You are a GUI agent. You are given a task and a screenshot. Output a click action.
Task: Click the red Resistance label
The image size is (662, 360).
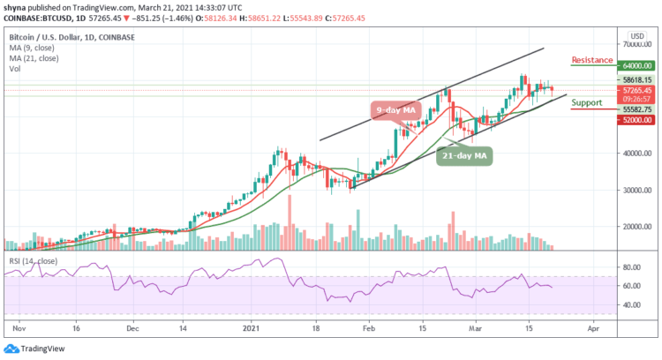[592, 60]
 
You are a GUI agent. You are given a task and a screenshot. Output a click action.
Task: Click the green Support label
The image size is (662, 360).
[588, 102]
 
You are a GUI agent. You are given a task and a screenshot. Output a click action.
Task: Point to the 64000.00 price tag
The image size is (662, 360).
[636, 64]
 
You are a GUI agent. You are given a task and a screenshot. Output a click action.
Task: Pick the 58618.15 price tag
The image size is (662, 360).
[636, 79]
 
